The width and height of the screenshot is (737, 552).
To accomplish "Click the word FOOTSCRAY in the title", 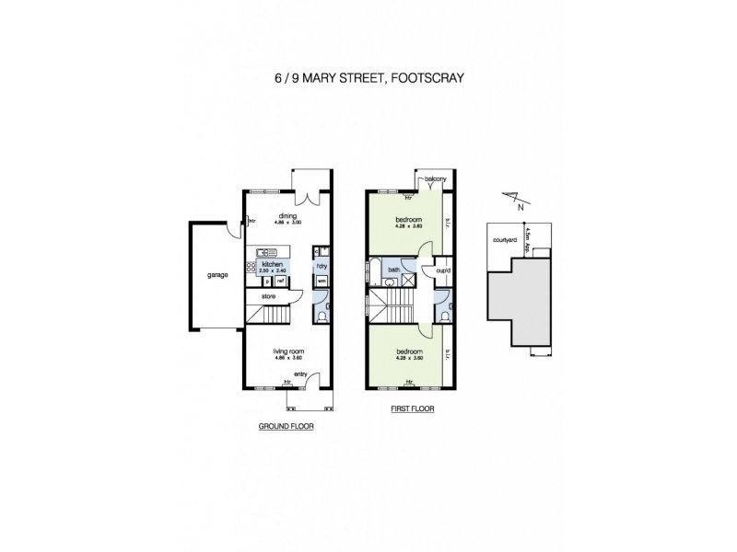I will click(426, 79).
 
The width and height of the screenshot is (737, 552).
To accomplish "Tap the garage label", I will click(217, 274).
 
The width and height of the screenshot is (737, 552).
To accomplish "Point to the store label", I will click(268, 296).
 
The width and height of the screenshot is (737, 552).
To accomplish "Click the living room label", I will click(287, 351).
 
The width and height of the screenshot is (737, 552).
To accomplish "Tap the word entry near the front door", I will click(299, 374).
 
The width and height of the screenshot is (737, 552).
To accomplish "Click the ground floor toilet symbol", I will click(319, 316).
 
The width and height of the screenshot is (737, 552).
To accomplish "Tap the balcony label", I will click(437, 178).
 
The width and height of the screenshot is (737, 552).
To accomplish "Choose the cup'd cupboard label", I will click(442, 270).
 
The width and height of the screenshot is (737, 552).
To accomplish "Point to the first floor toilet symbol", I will click(444, 316).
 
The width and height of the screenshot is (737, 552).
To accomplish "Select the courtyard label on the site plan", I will click(503, 243).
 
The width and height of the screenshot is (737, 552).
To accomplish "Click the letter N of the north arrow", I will click(521, 206).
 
